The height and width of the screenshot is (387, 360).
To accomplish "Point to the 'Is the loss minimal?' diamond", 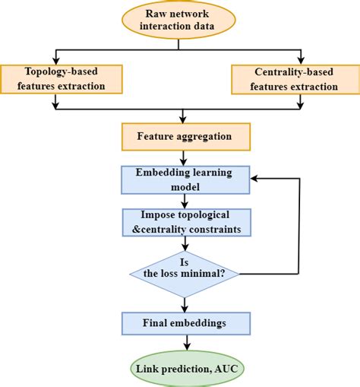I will [x=182, y=270].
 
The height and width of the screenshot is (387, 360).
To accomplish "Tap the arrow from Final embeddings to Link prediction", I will [x=182, y=344].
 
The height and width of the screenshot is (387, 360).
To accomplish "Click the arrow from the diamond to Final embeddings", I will [x=182, y=303].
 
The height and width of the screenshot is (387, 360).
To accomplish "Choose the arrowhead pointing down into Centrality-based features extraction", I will [x=301, y=61].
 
